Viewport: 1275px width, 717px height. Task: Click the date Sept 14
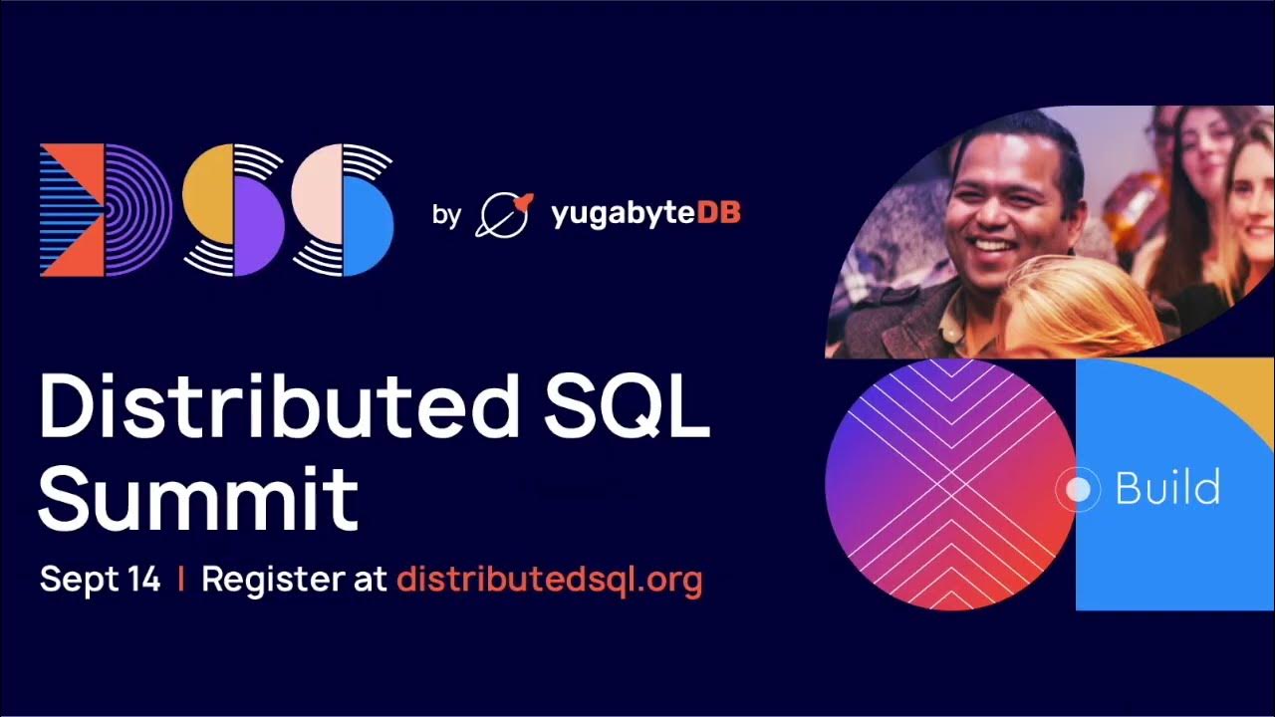click(x=100, y=580)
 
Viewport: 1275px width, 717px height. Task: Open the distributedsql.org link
click(x=549, y=580)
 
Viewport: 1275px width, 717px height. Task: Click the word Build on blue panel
click(x=1167, y=489)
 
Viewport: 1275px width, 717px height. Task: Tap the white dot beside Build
click(x=1078, y=489)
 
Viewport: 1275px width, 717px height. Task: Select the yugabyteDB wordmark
click(x=644, y=213)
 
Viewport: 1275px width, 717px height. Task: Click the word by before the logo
click(x=446, y=214)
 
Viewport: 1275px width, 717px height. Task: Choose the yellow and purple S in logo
click(x=233, y=210)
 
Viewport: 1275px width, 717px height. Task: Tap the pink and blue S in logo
click(x=343, y=210)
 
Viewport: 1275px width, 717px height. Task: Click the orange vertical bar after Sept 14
click(x=180, y=580)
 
